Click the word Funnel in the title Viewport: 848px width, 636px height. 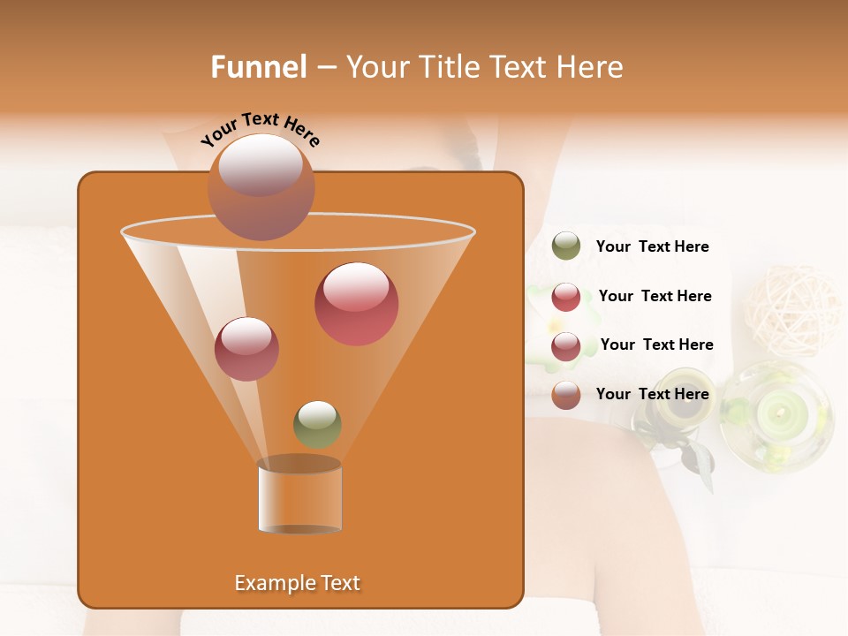(x=258, y=67)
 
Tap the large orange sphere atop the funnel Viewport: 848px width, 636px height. (x=261, y=186)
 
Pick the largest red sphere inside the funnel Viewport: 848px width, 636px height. (x=356, y=304)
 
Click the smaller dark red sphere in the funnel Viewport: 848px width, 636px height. (x=246, y=349)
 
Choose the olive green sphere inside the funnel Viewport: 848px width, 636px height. (x=317, y=424)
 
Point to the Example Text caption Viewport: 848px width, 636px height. (x=297, y=583)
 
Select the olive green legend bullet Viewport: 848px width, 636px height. (x=566, y=246)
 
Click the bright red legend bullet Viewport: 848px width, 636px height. (x=566, y=297)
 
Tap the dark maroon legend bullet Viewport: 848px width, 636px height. (x=566, y=346)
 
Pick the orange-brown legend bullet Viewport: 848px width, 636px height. (x=566, y=395)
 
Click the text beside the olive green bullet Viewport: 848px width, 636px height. (x=652, y=247)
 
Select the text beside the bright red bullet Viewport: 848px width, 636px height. (x=655, y=297)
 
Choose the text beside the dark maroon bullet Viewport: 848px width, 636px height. (x=656, y=345)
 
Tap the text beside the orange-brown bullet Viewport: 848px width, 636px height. (x=652, y=395)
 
